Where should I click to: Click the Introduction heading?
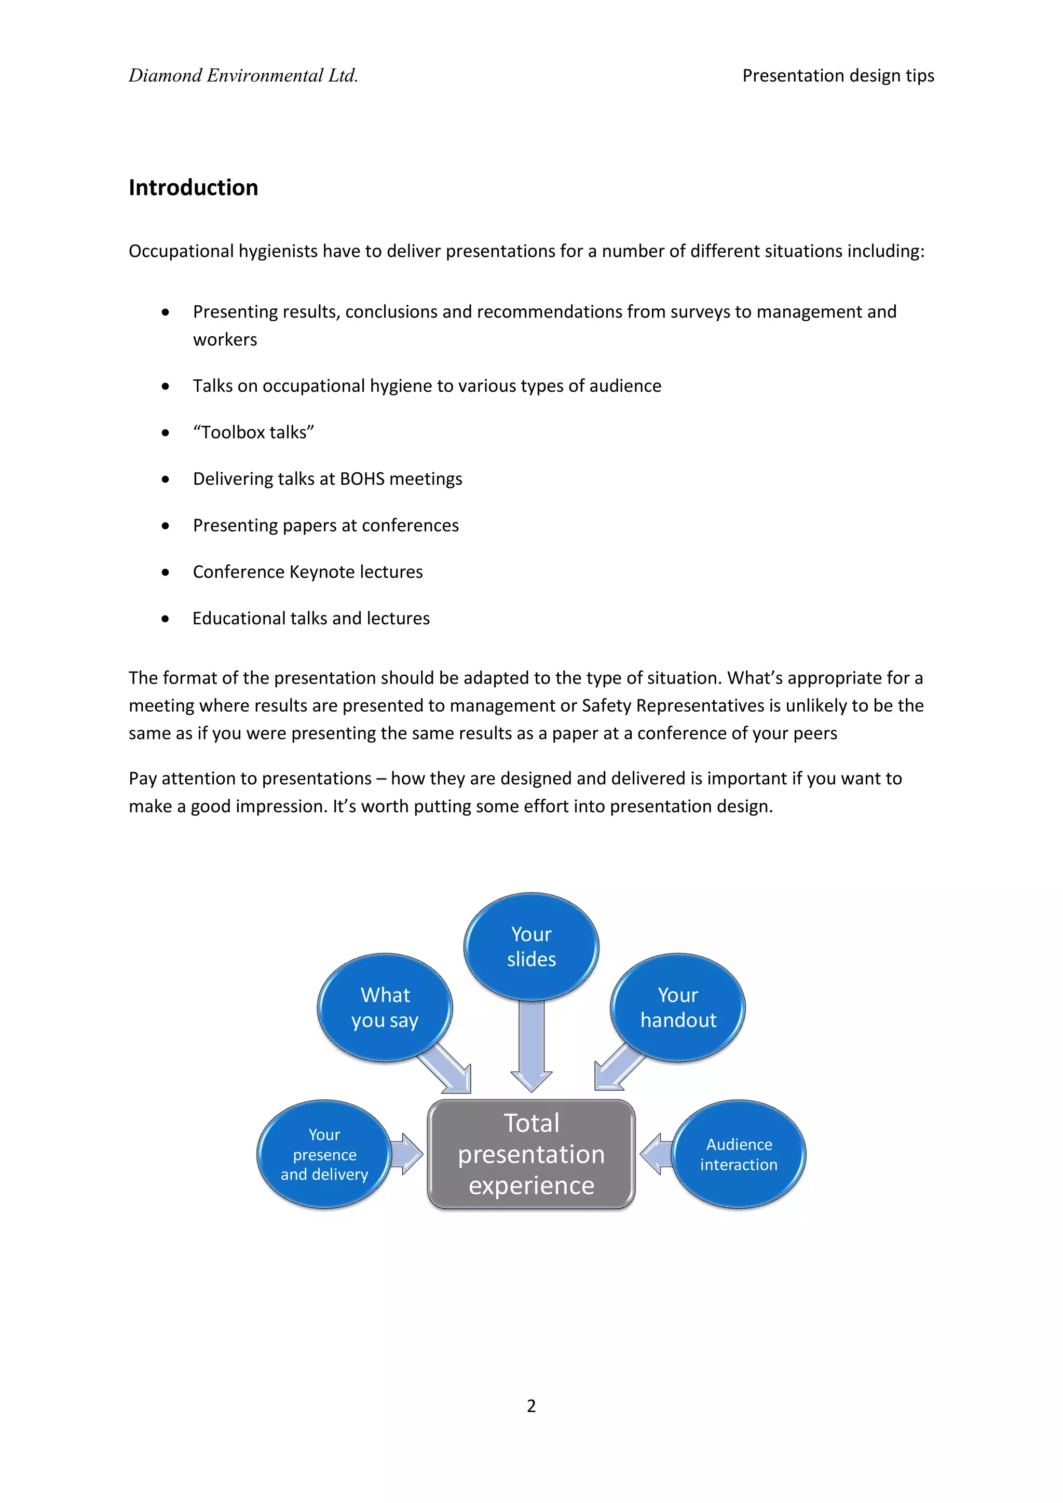(193, 188)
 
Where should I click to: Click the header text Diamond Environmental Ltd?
(243, 76)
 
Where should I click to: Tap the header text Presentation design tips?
(838, 76)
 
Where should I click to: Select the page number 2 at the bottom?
(531, 1405)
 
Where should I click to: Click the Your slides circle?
(531, 947)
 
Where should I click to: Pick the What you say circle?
(385, 1007)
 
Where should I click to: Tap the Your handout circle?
(678, 1007)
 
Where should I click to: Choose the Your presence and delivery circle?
(324, 1154)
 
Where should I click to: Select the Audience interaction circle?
(739, 1154)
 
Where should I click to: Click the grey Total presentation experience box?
(531, 1154)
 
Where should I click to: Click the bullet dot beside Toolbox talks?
(166, 433)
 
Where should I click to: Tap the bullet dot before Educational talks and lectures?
(166, 619)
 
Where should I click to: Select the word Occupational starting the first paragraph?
(181, 251)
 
